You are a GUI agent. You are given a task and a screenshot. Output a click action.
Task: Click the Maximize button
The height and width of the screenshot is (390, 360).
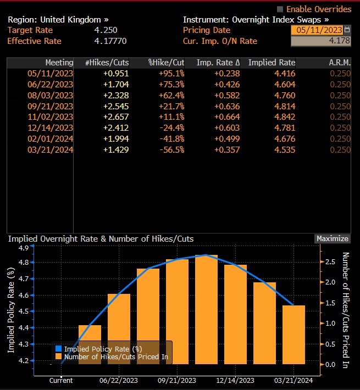pos(333,238)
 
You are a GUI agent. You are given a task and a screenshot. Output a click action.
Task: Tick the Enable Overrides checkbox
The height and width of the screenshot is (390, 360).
pos(280,9)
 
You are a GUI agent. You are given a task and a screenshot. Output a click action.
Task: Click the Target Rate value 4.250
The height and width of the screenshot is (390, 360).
pos(106,30)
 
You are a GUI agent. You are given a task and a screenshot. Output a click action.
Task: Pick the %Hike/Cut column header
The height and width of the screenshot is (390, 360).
pos(165,63)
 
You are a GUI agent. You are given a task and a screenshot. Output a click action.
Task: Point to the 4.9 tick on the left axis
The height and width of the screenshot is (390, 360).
pos(24,248)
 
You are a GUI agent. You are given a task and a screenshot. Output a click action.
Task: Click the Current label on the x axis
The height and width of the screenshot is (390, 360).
pos(60,380)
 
